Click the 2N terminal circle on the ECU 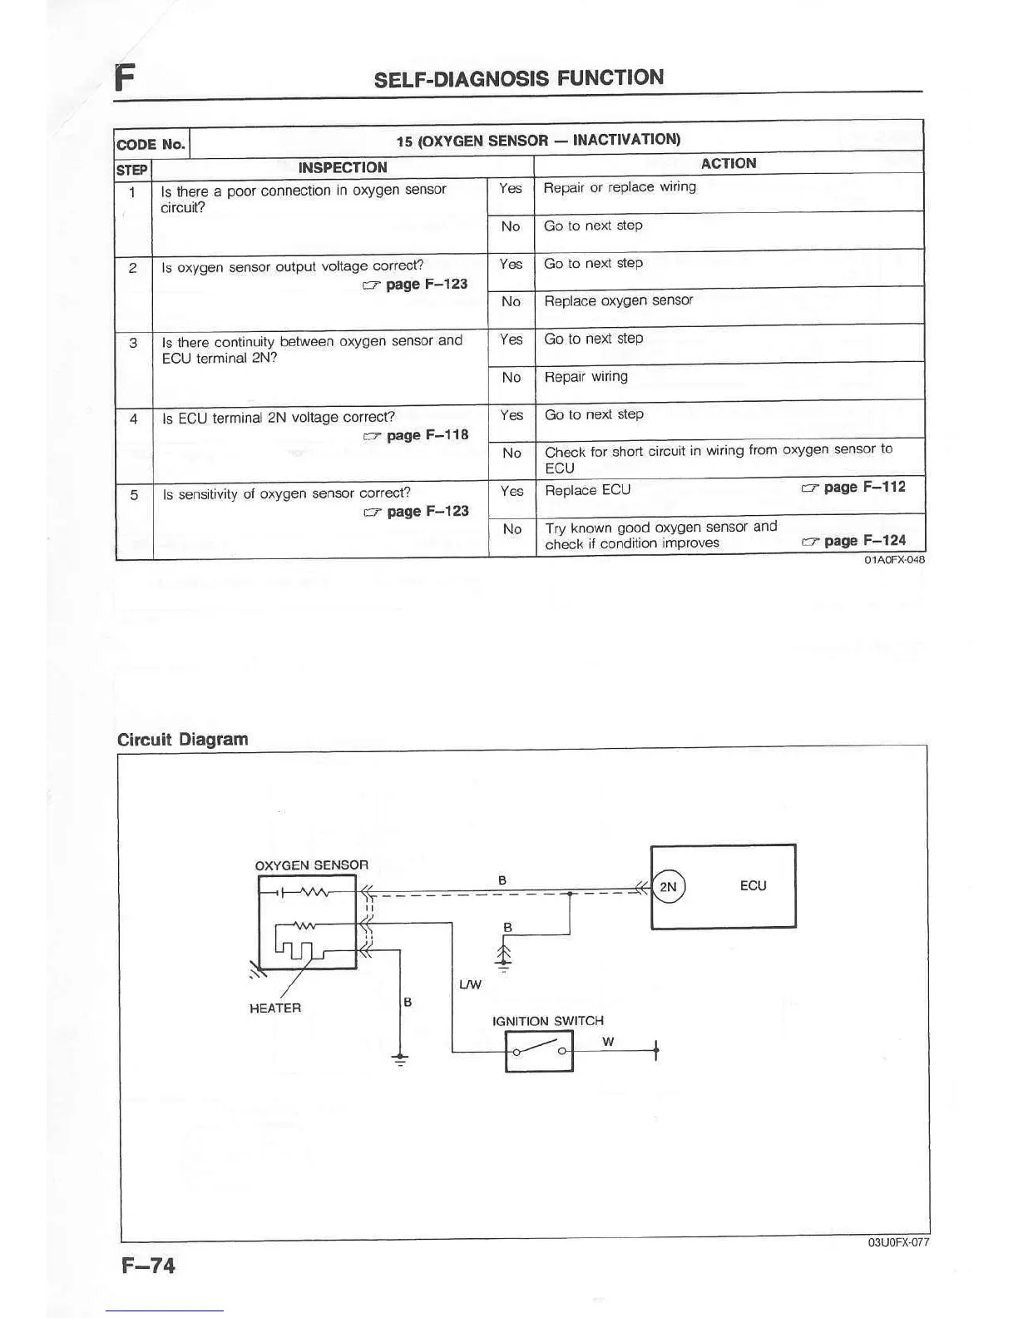tap(669, 887)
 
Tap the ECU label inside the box tap(753, 886)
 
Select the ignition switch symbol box tap(539, 1051)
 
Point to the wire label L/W tap(470, 985)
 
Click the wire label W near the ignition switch tap(608, 1041)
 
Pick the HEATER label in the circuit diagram tap(275, 1008)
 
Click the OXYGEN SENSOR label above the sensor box tap(311, 865)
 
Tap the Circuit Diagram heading tap(183, 740)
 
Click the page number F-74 tap(149, 1266)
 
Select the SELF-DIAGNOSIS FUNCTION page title tap(519, 79)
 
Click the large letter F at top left tap(125, 77)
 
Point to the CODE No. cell tap(151, 144)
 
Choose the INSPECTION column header tap(343, 167)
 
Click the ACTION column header tap(729, 163)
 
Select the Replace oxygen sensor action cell tap(618, 301)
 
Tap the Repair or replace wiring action tap(620, 188)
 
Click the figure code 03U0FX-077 tap(898, 1242)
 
